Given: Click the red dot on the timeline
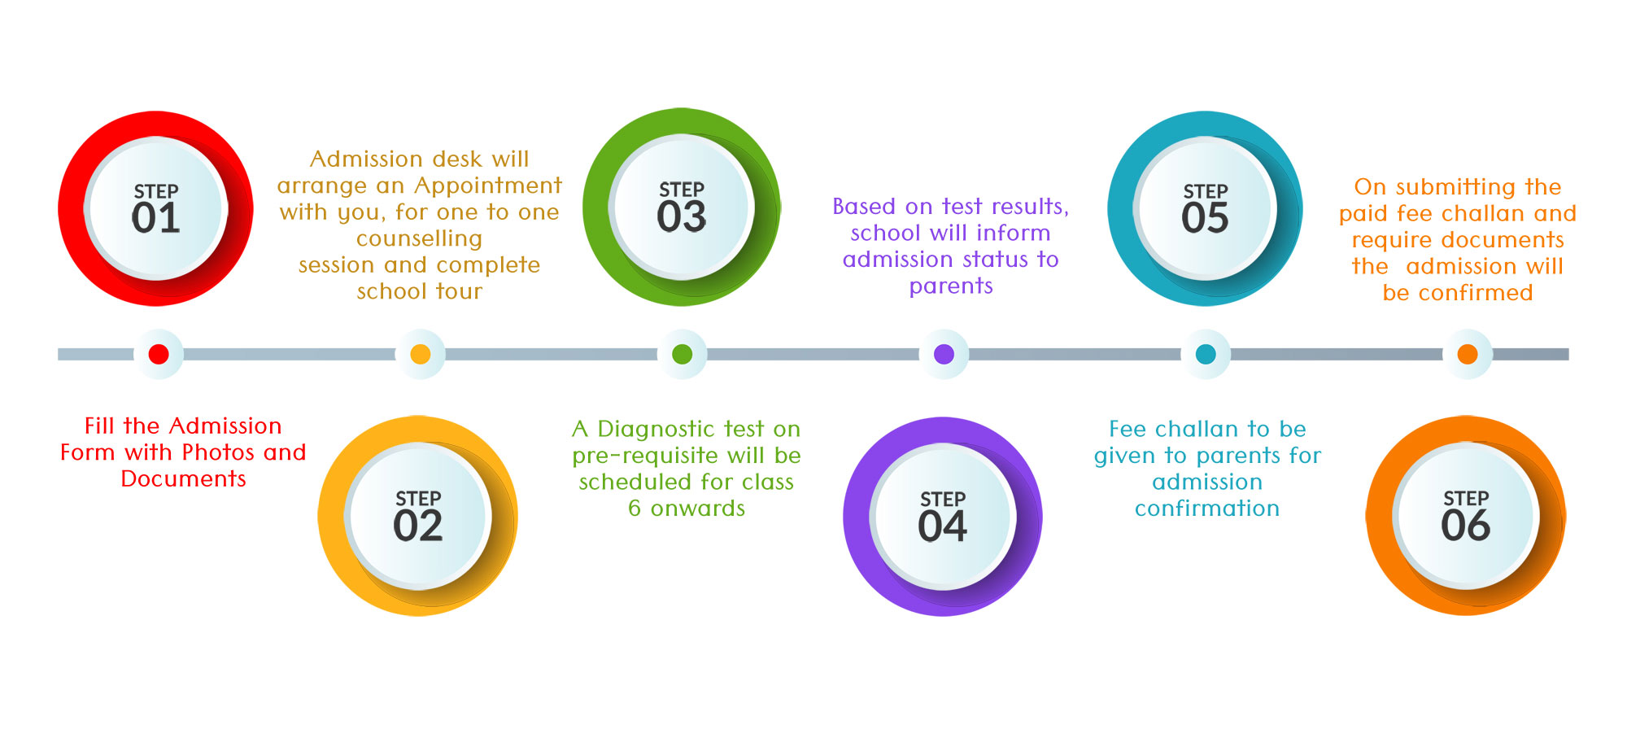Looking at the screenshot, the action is (x=159, y=354).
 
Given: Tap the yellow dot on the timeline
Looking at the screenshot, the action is (x=421, y=354).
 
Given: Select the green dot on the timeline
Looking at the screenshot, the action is (x=683, y=354).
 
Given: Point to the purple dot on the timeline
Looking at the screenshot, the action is (x=944, y=354).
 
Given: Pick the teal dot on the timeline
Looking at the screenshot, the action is (x=1206, y=354).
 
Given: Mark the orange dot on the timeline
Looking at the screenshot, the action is (x=1468, y=354).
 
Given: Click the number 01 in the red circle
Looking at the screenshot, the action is (x=155, y=218).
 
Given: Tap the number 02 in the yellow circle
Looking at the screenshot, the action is (x=418, y=526).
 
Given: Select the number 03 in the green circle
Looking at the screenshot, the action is (x=682, y=216).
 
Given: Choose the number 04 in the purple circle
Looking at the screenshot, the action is (x=943, y=526).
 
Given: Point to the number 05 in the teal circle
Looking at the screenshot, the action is (x=1205, y=218).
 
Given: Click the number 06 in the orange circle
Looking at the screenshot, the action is (x=1466, y=526).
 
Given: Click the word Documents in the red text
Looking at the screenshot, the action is (x=183, y=478).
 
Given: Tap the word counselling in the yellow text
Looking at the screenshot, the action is (x=420, y=239).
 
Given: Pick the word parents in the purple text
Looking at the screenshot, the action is (x=951, y=286).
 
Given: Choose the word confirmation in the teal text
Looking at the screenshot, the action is (x=1207, y=509).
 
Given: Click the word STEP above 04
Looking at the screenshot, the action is (x=943, y=499).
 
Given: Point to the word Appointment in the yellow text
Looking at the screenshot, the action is (x=488, y=186).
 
